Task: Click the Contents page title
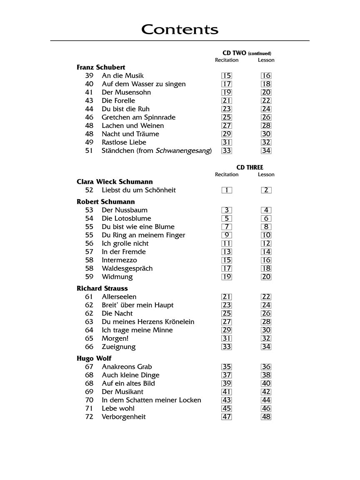[x=180, y=30]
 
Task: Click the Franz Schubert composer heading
[x=101, y=67]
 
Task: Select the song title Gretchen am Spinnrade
[x=138, y=117]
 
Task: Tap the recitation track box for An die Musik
[x=227, y=76]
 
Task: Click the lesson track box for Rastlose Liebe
[x=266, y=142]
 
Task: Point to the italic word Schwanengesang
[x=183, y=151]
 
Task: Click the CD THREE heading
[x=250, y=167]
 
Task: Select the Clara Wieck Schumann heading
[x=115, y=182]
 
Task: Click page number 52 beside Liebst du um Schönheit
[x=89, y=190]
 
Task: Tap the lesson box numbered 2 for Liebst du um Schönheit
[x=266, y=190]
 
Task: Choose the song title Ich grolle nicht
[x=125, y=244]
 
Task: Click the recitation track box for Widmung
[x=227, y=277]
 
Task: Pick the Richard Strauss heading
[x=102, y=289]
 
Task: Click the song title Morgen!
[x=115, y=339]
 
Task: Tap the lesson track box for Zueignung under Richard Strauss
[x=266, y=347]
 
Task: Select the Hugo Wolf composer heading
[x=94, y=359]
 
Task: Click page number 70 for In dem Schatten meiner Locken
[x=89, y=400]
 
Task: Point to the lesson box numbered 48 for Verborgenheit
[x=266, y=417]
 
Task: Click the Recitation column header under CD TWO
[x=227, y=60]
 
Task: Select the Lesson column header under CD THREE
[x=266, y=175]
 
